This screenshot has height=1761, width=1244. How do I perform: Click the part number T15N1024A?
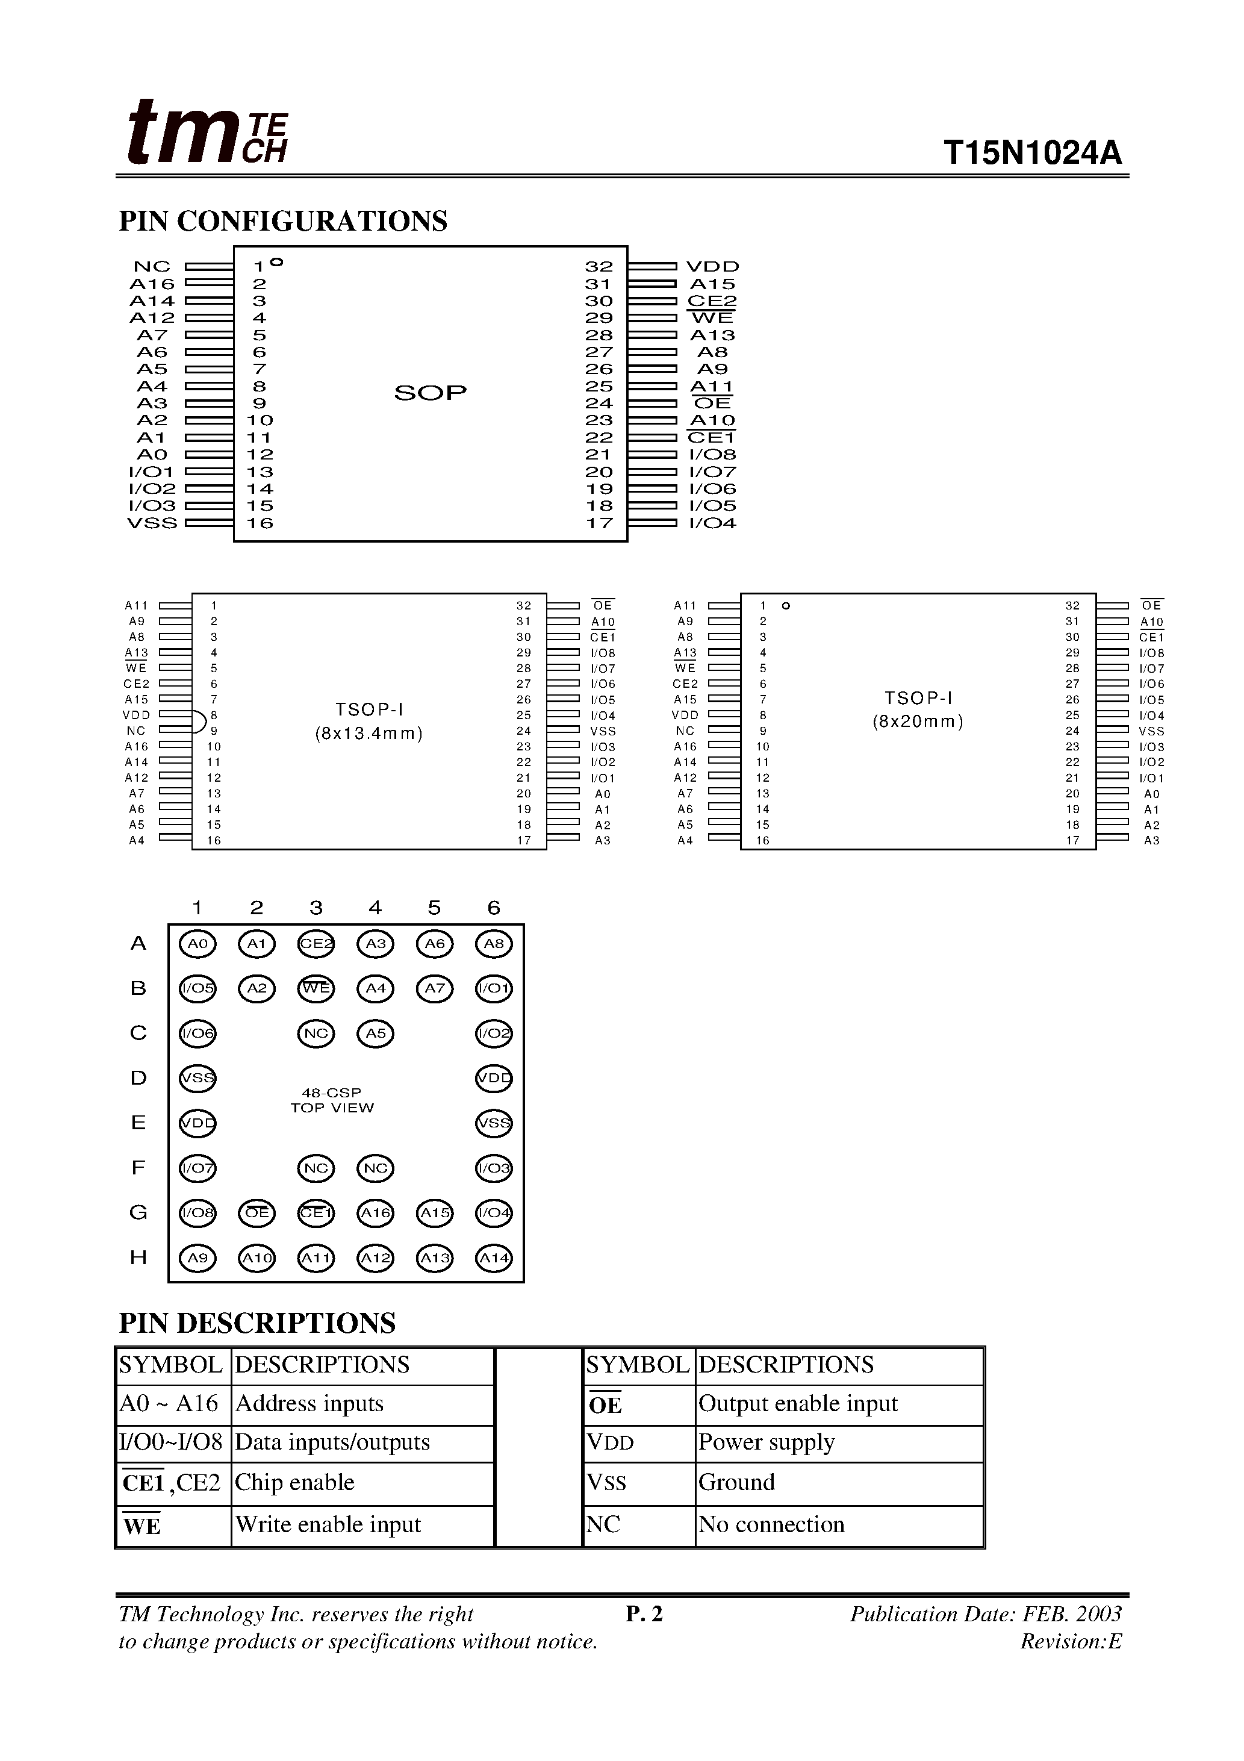[x=1031, y=154]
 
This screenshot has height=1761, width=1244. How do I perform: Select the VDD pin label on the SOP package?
[x=712, y=267]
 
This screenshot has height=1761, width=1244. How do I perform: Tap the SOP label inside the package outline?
[x=431, y=393]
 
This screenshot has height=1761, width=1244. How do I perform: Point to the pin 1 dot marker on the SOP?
[x=277, y=263]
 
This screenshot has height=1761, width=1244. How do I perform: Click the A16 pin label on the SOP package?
[x=152, y=284]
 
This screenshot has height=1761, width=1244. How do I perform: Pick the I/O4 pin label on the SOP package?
[x=712, y=524]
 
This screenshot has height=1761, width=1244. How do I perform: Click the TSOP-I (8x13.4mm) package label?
[x=369, y=722]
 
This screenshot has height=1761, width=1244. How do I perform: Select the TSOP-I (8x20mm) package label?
[x=918, y=710]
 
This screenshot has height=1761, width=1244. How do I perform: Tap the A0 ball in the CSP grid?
[x=198, y=943]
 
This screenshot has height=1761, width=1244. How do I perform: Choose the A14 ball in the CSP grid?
[x=494, y=1258]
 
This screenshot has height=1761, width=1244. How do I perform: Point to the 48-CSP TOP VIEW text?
[x=332, y=1100]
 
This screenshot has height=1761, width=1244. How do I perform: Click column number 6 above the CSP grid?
[x=494, y=908]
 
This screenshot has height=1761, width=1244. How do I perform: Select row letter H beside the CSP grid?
[x=138, y=1258]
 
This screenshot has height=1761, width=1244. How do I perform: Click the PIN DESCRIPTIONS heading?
[x=257, y=1323]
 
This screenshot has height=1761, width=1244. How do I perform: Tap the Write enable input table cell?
[x=328, y=1525]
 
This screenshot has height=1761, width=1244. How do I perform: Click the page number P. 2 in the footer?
[x=644, y=1615]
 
